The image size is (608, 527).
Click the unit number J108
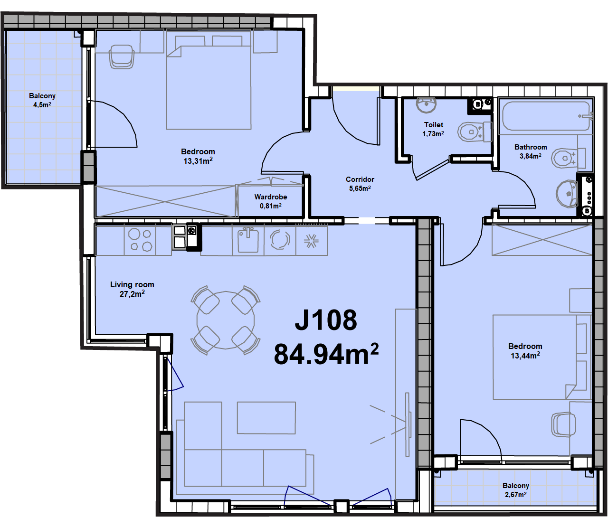[x=326, y=320]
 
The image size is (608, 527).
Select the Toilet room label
[x=434, y=125]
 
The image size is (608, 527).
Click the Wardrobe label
[x=271, y=197]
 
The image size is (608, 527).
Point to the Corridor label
[x=360, y=179]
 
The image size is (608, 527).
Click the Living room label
[x=132, y=285]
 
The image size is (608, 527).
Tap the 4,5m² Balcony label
[x=42, y=100]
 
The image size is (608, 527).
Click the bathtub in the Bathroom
[x=546, y=116]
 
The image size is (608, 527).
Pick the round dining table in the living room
[x=226, y=320]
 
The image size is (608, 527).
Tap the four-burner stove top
[x=140, y=240]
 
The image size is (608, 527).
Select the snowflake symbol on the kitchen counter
[x=311, y=241]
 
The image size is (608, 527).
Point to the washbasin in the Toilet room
[x=427, y=105]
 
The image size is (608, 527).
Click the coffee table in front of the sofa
[x=266, y=418]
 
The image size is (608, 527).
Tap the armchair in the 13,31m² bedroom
[x=122, y=57]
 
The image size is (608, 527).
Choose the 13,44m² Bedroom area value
[x=525, y=356]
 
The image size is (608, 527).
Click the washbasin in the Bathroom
[x=567, y=194]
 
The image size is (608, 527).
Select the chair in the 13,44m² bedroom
[x=563, y=425]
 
